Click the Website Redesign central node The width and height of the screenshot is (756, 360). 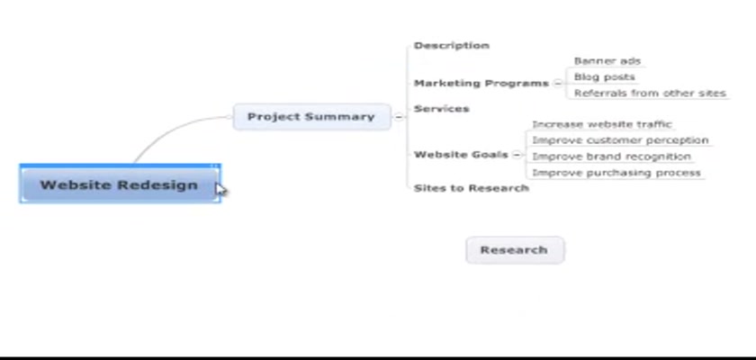tap(120, 184)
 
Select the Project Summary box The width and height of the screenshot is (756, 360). tap(312, 117)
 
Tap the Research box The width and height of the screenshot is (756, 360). tap(515, 250)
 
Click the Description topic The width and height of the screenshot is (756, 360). tap(451, 45)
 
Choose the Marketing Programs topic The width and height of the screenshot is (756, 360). tap(481, 83)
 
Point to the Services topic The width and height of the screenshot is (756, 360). tap(441, 108)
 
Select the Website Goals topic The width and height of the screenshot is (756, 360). tap(461, 154)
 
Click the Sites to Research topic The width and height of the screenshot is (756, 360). tap(471, 188)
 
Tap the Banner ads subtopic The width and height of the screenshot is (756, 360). tap(607, 61)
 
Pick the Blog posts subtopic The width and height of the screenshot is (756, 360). tap(604, 77)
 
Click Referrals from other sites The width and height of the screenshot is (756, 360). tap(650, 93)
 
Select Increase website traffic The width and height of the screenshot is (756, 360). tap(602, 124)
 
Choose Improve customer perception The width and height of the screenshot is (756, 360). tap(620, 140)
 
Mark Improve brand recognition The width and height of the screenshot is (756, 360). tap(611, 157)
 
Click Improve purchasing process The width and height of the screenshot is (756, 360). tap(616, 173)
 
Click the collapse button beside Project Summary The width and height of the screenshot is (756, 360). tap(399, 117)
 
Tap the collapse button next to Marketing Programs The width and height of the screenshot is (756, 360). tap(557, 83)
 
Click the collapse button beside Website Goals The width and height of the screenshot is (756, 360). tap(517, 155)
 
